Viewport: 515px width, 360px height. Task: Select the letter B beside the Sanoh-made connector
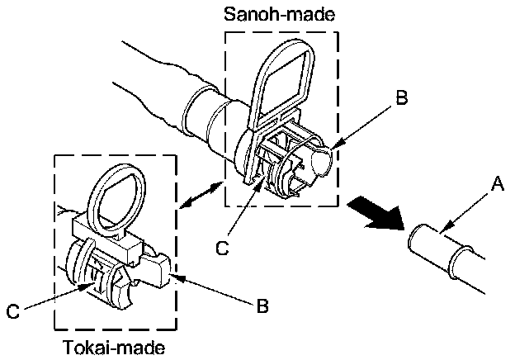(x=401, y=98)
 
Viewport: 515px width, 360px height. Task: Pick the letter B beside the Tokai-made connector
(x=261, y=307)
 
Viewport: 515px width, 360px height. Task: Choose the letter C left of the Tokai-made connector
(x=12, y=312)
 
